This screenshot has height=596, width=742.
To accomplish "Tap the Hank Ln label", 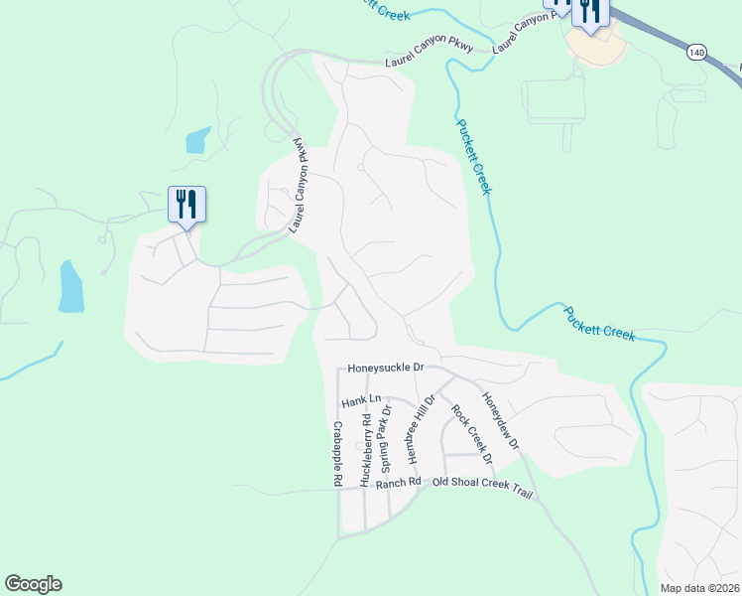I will pos(361,401).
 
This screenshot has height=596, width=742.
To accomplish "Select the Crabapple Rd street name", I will pos(337,453).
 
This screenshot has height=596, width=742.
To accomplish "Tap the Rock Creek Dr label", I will pos(471,434).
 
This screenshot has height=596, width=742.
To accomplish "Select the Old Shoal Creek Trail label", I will pos(482,489).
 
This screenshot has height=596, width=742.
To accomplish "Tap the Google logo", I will pos(33,584).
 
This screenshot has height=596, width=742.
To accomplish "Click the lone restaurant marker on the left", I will pos(186,204).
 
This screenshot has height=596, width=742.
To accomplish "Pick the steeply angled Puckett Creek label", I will pos(474,156).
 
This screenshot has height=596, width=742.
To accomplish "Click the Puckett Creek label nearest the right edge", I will pos(599,324).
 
